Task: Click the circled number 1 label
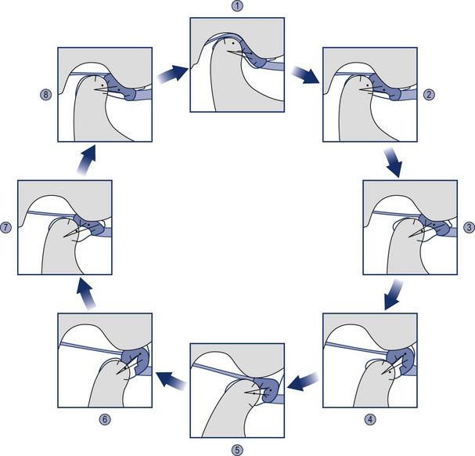(237, 5)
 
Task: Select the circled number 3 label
(468, 228)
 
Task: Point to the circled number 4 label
(369, 418)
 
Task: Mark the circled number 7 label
(6, 228)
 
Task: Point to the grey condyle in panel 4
(376, 384)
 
